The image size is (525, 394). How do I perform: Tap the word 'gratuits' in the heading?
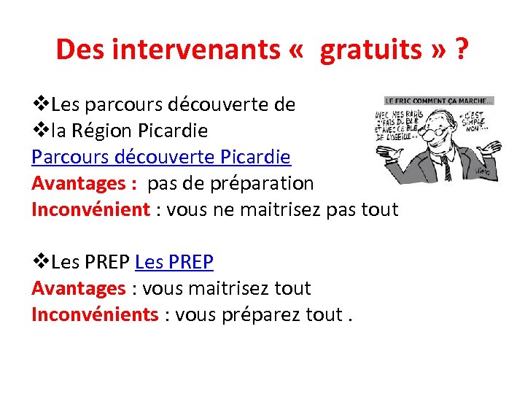(x=371, y=50)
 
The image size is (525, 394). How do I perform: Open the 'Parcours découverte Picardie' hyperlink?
(x=161, y=157)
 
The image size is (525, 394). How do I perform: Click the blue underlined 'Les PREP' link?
(x=174, y=262)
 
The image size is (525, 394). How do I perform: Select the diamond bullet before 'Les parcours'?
(x=41, y=104)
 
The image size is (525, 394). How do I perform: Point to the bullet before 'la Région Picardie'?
(x=41, y=131)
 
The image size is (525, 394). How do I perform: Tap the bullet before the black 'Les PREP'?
(x=41, y=262)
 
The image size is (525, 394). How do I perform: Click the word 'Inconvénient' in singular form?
(x=90, y=209)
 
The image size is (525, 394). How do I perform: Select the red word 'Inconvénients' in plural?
(x=95, y=314)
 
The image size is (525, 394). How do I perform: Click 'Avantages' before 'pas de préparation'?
(x=78, y=183)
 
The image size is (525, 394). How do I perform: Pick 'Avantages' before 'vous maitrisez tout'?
(x=78, y=288)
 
